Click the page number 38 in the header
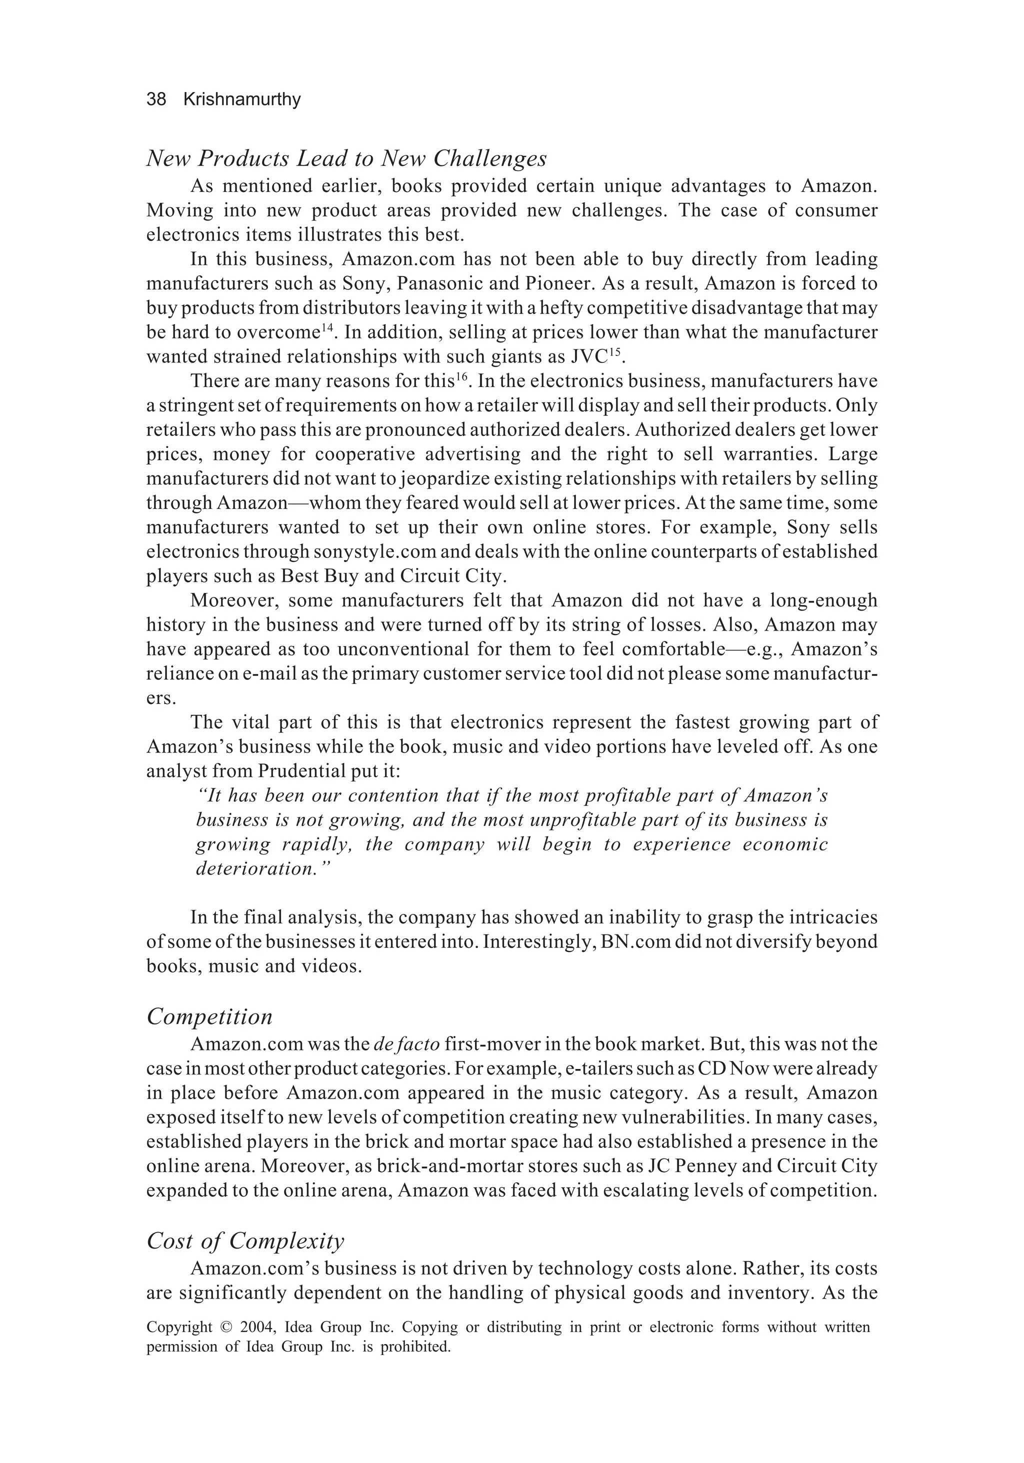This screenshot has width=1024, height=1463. (x=156, y=99)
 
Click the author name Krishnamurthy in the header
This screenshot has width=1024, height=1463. (x=241, y=99)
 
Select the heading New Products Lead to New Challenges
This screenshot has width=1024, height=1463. (x=346, y=158)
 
